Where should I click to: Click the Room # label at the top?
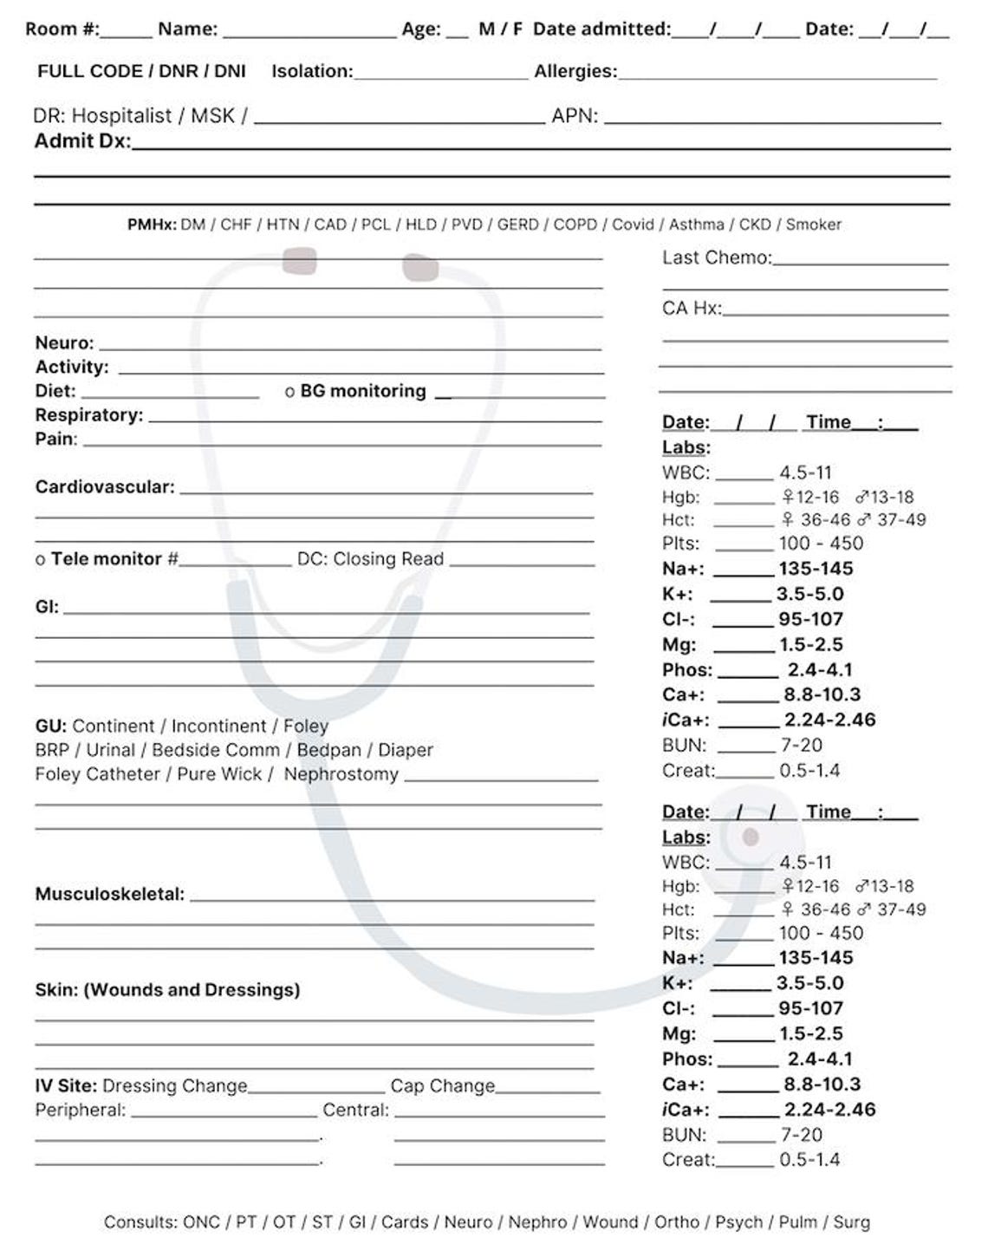pyautogui.click(x=62, y=29)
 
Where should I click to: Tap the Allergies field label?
pyautogui.click(x=575, y=71)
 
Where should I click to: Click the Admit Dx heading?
pyautogui.click(x=81, y=141)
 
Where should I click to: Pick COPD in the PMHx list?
pyautogui.click(x=575, y=225)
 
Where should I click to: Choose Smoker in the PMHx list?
pyautogui.click(x=813, y=225)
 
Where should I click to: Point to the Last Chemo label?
pyautogui.click(x=716, y=257)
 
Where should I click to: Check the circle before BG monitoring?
pyautogui.click(x=289, y=392)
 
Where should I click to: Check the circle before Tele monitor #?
pyautogui.click(x=40, y=560)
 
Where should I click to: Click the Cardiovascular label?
pyautogui.click(x=104, y=487)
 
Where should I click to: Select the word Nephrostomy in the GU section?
pyautogui.click(x=341, y=774)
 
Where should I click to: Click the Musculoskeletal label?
pyautogui.click(x=109, y=894)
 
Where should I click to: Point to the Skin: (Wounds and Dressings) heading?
pyautogui.click(x=167, y=990)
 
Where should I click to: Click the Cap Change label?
pyautogui.click(x=442, y=1086)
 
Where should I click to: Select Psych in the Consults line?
pyautogui.click(x=738, y=1222)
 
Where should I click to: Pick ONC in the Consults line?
pyautogui.click(x=201, y=1222)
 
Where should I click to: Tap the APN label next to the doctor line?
pyautogui.click(x=574, y=115)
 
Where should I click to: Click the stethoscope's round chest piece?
pyautogui.click(x=751, y=837)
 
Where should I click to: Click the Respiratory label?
pyautogui.click(x=88, y=415)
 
